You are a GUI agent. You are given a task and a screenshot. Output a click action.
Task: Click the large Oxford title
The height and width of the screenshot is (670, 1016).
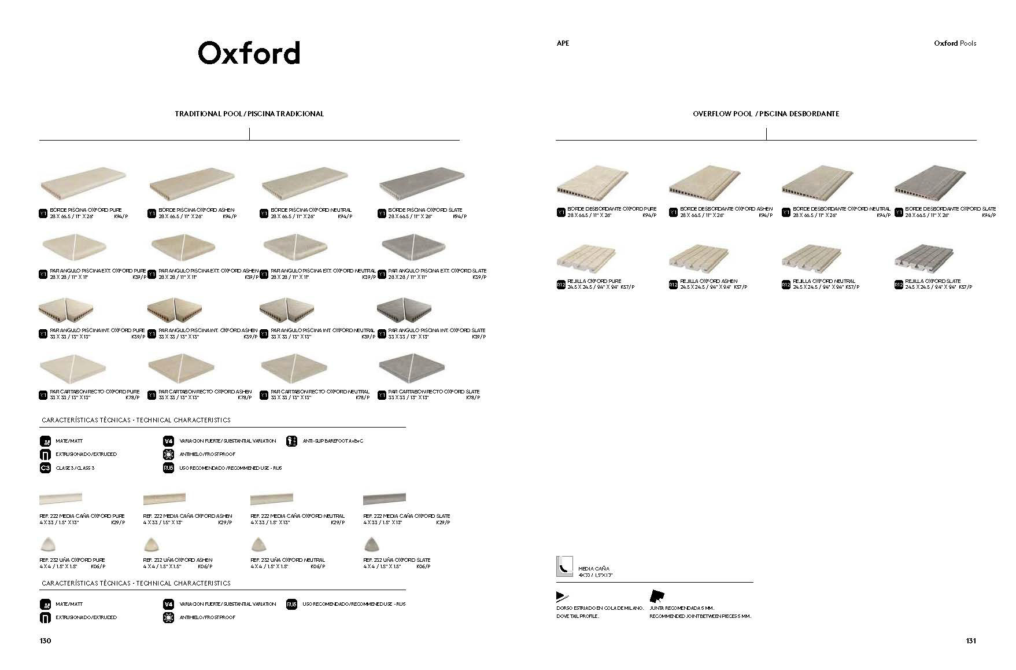[x=249, y=53]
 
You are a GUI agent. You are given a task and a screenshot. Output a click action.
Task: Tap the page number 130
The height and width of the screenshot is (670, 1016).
[x=45, y=640]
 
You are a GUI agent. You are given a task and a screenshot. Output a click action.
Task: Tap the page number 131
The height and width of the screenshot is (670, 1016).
[x=971, y=640]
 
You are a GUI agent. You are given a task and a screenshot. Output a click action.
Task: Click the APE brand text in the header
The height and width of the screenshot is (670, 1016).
[x=563, y=43]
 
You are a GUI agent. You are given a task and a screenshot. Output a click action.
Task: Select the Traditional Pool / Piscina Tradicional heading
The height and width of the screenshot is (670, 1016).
[x=249, y=114]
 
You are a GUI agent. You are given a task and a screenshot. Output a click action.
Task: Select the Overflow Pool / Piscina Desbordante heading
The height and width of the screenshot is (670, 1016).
[x=766, y=114]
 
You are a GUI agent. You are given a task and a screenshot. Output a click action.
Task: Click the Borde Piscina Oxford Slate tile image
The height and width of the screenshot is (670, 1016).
[x=422, y=185]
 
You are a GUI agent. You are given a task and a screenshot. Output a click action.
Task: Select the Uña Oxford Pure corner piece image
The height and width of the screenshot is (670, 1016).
[x=46, y=544]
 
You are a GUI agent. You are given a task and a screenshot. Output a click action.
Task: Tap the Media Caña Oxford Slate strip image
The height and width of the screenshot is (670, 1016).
[x=384, y=498]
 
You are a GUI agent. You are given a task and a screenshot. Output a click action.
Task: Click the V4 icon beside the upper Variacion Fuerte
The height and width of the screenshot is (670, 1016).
[x=169, y=441]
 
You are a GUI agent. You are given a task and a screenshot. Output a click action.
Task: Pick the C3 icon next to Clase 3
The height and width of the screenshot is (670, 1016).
[x=45, y=467]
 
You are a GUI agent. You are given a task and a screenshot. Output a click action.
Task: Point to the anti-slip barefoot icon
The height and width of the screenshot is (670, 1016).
[x=291, y=441]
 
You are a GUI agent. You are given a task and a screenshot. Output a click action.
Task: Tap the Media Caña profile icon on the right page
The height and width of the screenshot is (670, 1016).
[x=564, y=566]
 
